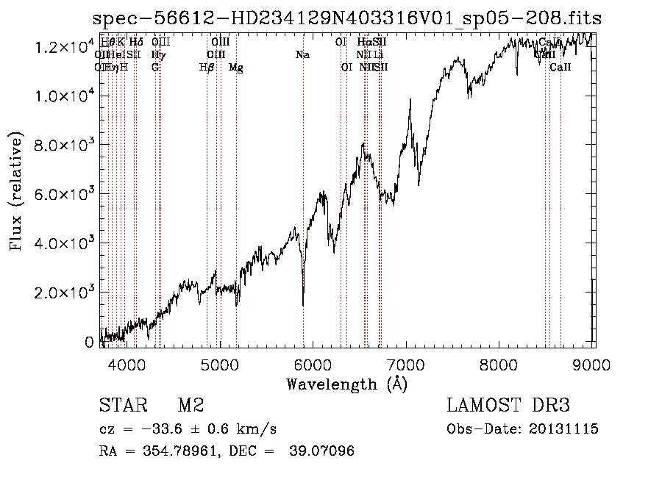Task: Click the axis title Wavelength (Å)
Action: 346,383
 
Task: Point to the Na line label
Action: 302,54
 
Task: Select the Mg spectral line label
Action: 236,68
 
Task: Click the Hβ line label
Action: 207,68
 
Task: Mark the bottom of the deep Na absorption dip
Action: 303,304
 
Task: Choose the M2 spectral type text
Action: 191,406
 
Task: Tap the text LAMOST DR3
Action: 508,406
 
